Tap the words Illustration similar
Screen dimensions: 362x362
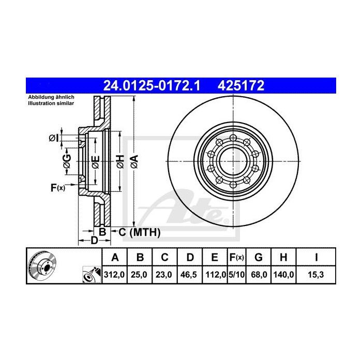coord(51,103)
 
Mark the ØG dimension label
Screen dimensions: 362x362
coord(67,161)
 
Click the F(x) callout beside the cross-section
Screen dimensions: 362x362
coord(57,187)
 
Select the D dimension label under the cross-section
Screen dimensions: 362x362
coord(94,240)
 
